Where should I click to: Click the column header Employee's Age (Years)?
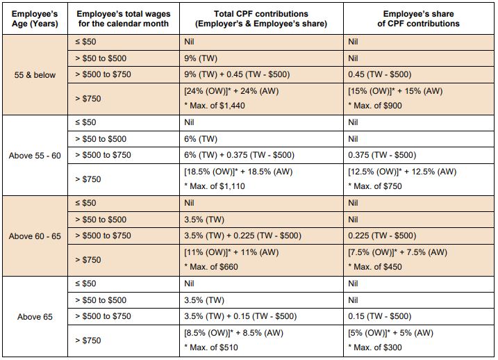(x=34, y=19)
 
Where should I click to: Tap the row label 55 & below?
(x=34, y=74)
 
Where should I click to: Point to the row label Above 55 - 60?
(x=34, y=155)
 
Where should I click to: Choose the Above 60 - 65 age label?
(x=34, y=236)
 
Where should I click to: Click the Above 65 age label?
(x=34, y=317)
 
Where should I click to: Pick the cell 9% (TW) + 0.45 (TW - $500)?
(x=236, y=74)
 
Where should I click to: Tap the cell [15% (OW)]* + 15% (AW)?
(x=395, y=91)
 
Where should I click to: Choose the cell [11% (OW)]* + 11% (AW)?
(x=231, y=253)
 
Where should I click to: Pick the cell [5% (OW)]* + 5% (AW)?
(x=390, y=334)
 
